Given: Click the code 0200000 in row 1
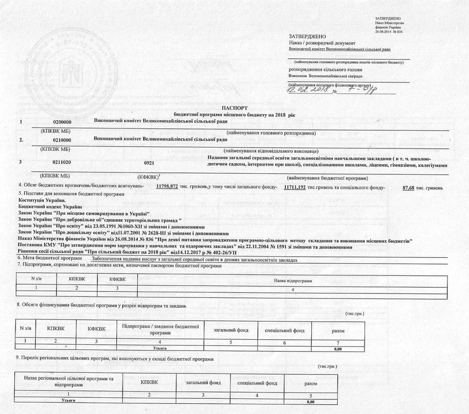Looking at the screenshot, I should click(x=62, y=121).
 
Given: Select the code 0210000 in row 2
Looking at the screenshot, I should click(x=62, y=139).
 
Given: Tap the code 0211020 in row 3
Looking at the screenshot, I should click(x=62, y=161).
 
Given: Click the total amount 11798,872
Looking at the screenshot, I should click(x=170, y=187).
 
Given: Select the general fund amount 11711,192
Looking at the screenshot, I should click(x=295, y=187).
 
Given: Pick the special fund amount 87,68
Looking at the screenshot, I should click(x=408, y=187).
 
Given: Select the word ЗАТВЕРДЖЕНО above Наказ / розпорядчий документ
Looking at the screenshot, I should click(x=308, y=37).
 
